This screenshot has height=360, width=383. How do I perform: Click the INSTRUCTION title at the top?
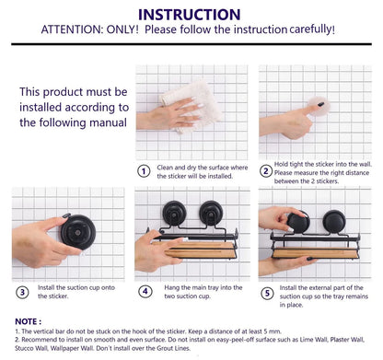click(x=190, y=15)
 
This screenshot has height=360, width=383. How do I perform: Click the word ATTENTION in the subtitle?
click(x=70, y=29)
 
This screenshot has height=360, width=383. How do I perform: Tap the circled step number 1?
click(x=144, y=171)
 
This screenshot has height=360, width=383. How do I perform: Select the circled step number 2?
click(x=266, y=171)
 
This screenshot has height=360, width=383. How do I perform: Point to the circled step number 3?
click(x=22, y=292)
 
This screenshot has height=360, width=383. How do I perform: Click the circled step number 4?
click(x=145, y=291)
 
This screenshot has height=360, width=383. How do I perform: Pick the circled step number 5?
click(x=267, y=294)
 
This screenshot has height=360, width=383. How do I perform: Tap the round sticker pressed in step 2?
click(x=319, y=106)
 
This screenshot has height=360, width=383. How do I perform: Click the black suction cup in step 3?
click(x=78, y=232)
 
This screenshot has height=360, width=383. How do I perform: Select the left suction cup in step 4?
click(x=174, y=213)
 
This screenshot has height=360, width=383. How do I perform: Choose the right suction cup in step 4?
click(x=211, y=213)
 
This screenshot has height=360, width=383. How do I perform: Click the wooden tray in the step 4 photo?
click(x=200, y=250)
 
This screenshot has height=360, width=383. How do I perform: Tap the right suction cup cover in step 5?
click(x=334, y=221)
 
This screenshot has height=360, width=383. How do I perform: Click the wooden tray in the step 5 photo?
click(x=316, y=253)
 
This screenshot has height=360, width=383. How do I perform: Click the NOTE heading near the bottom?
click(x=28, y=321)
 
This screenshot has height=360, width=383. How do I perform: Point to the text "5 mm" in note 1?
click(x=273, y=331)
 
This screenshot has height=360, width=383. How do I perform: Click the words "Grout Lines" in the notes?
click(x=174, y=348)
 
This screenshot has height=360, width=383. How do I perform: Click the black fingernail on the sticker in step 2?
click(x=321, y=104)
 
